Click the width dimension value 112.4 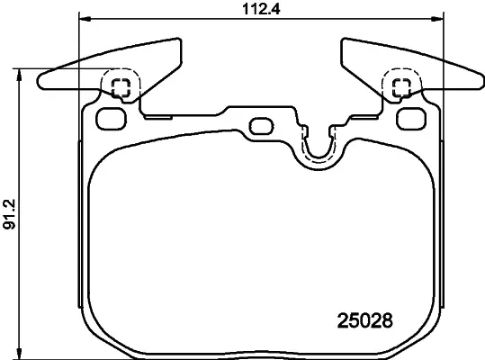click(261, 9)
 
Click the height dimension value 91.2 click(9, 214)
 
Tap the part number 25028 click(365, 320)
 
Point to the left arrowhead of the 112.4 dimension click(85, 20)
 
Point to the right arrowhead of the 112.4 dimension click(437, 20)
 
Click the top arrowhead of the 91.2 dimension click(20, 74)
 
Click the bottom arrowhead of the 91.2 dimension click(20, 354)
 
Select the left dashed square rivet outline click(121, 87)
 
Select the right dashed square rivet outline click(402, 87)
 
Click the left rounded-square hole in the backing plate click(112, 119)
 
